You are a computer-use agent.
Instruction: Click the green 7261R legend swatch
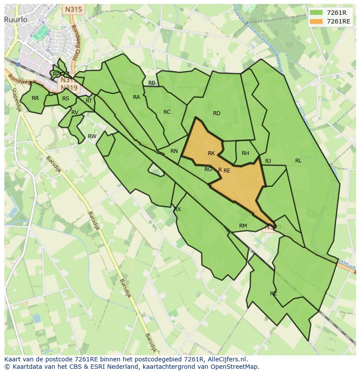pos(317,13)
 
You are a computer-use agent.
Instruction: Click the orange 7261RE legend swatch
pos(317,22)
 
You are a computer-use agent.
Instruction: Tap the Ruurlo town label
pos(16,19)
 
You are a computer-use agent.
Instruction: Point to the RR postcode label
pos(35,98)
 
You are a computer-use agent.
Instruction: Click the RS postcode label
pos(66,99)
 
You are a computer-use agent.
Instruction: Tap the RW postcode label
pos(92,136)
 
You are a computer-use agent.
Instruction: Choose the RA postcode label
pos(137,97)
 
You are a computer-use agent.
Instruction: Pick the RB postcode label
pos(152,83)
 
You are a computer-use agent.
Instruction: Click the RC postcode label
pos(167,112)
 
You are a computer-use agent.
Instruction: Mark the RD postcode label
pos(217,113)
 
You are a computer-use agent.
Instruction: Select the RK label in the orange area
pos(211,153)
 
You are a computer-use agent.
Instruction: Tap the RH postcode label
pos(245,153)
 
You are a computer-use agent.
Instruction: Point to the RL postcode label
pos(298,161)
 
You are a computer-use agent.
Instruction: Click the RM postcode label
pos(243,226)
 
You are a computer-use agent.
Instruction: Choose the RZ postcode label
pos(273,294)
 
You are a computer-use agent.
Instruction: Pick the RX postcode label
pos(177,209)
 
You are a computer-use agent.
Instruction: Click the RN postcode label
pos(174,151)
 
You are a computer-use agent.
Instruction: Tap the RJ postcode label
pos(268,161)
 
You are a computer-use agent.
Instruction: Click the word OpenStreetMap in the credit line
pos(234,367)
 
